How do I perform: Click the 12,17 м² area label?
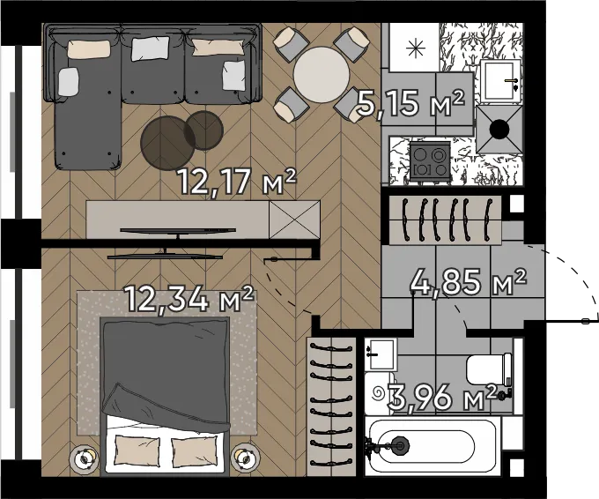tap(237, 182)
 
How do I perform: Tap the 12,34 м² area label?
tap(189, 298)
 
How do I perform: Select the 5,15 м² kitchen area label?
tap(411, 103)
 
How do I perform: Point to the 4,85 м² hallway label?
tap(469, 282)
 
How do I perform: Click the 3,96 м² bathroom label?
tap(442, 398)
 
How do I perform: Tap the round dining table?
tap(322, 75)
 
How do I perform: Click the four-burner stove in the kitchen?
tap(430, 161)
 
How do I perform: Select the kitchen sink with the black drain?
tap(499, 130)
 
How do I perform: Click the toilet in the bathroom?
tap(490, 369)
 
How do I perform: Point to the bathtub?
tap(433, 446)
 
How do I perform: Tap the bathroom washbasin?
tap(381, 354)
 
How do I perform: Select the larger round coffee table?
tap(168, 143)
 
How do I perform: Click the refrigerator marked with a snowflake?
tap(415, 47)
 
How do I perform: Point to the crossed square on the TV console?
tap(294, 220)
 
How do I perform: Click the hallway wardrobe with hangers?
tap(445, 220)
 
